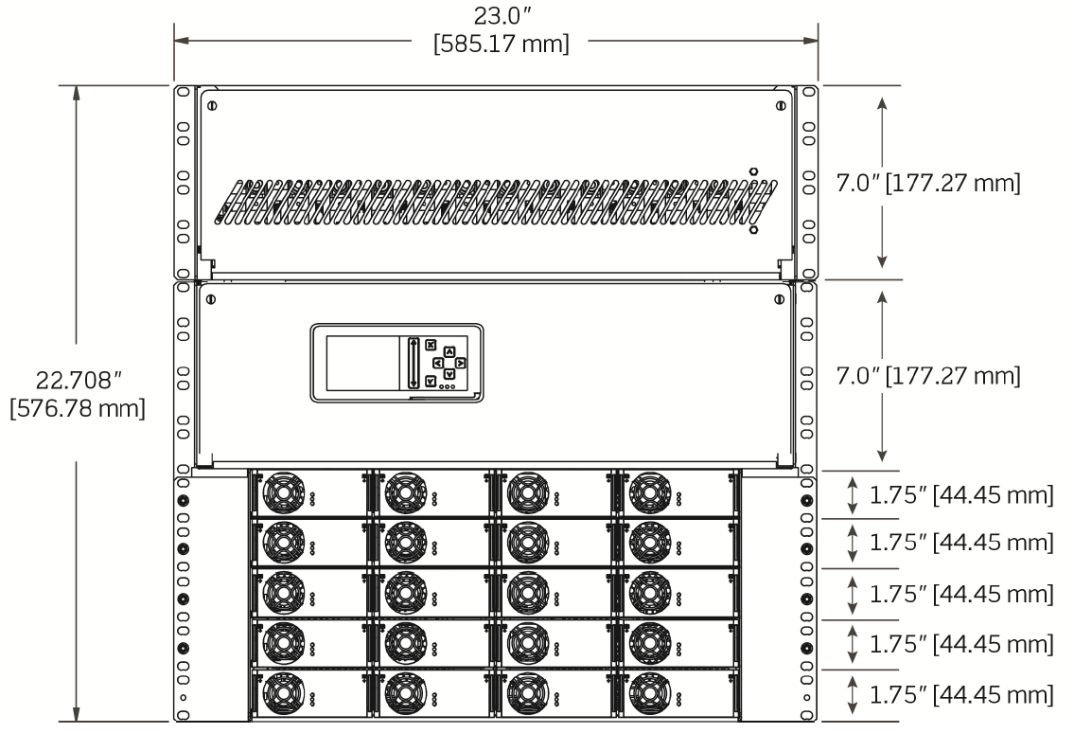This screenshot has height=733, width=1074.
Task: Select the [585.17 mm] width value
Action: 501,45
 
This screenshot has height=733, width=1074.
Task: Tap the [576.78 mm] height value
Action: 77,410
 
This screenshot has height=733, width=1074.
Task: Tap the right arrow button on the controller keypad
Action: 461,363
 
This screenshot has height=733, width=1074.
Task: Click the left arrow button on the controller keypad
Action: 438,363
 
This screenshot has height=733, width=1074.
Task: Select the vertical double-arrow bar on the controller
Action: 414,363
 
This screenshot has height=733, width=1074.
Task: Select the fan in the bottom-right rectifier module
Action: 650,694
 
